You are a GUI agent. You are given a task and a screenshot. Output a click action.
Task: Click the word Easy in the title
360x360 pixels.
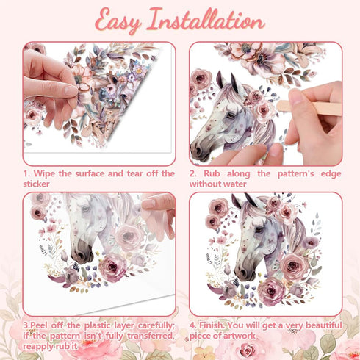pyautogui.click(x=118, y=21)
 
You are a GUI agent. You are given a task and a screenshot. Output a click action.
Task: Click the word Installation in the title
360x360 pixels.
pyautogui.click(x=206, y=20)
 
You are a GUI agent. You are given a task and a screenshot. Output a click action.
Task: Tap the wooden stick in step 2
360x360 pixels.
pyautogui.click(x=309, y=107)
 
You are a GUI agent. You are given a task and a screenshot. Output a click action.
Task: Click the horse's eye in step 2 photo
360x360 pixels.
pyautogui.click(x=231, y=115)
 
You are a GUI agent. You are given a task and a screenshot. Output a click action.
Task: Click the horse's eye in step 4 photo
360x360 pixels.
pyautogui.click(x=259, y=230)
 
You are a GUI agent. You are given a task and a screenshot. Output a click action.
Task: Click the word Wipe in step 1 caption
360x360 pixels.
pyautogui.click(x=44, y=173)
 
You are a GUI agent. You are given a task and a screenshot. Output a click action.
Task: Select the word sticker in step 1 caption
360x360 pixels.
pyautogui.click(x=36, y=184)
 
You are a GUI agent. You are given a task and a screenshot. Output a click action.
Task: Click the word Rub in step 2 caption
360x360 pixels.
pyautogui.click(x=212, y=173)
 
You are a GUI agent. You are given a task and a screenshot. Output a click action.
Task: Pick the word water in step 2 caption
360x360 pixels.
pyautogui.click(x=234, y=184)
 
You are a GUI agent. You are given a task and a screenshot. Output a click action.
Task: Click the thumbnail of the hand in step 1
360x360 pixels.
pyautogui.click(x=71, y=91)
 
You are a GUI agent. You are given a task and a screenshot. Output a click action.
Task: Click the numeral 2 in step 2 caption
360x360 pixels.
pyautogui.click(x=192, y=173)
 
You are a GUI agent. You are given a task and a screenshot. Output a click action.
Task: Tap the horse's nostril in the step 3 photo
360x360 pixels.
pyautogui.click(x=82, y=256)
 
